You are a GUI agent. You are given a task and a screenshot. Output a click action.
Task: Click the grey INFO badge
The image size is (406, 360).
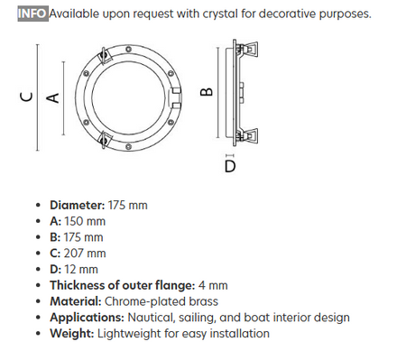(32, 14)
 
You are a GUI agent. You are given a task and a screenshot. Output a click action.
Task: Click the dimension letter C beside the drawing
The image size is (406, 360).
(26, 97)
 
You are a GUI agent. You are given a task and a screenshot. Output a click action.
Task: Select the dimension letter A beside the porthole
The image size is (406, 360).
(52, 97)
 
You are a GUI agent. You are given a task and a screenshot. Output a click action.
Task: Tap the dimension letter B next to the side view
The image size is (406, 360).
(207, 91)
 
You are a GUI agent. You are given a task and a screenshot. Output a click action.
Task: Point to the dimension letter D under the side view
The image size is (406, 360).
(230, 166)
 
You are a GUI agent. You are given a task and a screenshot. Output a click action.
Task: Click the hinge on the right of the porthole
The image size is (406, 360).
(176, 98)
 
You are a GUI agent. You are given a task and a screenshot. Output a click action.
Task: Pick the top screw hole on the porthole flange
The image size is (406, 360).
(128, 49)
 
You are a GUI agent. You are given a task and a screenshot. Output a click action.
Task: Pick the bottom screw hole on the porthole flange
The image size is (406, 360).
(128, 147)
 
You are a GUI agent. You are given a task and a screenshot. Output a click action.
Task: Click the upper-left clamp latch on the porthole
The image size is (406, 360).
(105, 56)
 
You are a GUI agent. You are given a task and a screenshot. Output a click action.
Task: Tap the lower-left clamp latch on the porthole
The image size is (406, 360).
(105, 140)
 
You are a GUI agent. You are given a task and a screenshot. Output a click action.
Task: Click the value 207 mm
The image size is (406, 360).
(85, 254)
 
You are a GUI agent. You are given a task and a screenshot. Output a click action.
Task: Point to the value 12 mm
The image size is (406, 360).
(81, 269)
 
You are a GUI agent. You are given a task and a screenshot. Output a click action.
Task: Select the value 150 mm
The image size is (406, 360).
(85, 221)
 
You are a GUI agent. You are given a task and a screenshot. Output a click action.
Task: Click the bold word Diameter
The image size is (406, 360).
(78, 205)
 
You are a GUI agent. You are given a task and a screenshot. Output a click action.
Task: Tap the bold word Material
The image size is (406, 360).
(76, 301)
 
